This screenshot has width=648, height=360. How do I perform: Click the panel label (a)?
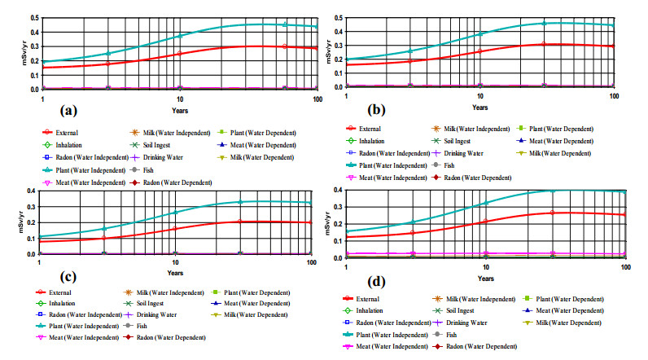[68, 108]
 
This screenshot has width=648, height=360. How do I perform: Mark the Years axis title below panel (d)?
[485, 278]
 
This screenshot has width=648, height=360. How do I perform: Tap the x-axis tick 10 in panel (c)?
[175, 262]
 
